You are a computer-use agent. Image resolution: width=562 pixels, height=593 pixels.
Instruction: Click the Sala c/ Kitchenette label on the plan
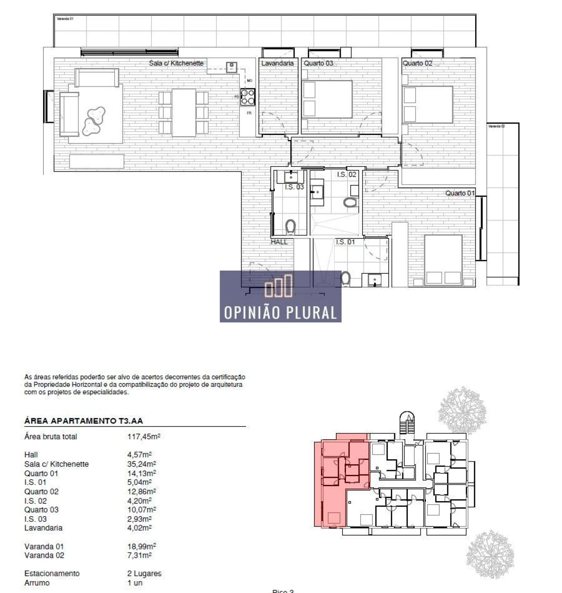click(x=176, y=63)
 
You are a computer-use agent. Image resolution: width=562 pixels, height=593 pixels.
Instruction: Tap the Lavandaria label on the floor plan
click(x=277, y=63)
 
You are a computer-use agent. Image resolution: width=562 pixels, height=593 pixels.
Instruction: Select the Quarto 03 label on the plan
click(x=318, y=63)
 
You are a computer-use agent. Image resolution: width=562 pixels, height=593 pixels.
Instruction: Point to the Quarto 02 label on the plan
click(x=417, y=63)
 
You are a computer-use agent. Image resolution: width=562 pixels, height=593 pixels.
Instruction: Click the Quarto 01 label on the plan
click(x=460, y=193)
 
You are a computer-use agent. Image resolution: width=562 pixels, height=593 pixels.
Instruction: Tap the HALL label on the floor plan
click(x=279, y=242)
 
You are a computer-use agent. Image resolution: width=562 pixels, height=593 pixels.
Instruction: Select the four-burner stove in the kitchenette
click(x=248, y=97)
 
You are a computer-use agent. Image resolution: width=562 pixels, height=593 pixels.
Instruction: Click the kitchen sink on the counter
click(x=231, y=67)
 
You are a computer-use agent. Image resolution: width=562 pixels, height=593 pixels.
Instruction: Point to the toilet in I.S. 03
click(x=290, y=227)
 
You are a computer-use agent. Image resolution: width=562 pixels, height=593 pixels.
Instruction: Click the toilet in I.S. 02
click(x=350, y=202)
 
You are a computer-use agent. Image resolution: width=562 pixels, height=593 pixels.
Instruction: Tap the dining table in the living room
click(x=184, y=113)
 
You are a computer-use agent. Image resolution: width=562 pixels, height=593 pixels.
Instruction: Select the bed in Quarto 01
click(x=443, y=260)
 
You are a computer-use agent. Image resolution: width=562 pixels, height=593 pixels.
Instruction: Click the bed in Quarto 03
click(x=328, y=99)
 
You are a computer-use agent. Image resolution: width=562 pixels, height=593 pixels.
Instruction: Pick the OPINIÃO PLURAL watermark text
click(x=281, y=313)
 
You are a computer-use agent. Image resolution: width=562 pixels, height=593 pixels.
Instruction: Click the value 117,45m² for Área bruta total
click(x=144, y=437)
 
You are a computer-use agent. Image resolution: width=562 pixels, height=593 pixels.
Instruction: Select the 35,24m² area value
click(x=141, y=464)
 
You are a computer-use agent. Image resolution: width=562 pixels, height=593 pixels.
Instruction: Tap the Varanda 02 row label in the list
click(x=44, y=555)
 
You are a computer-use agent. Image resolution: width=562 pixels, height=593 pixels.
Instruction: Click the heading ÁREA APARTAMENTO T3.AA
click(x=83, y=421)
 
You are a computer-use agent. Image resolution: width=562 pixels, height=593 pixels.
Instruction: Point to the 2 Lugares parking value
click(x=144, y=573)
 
